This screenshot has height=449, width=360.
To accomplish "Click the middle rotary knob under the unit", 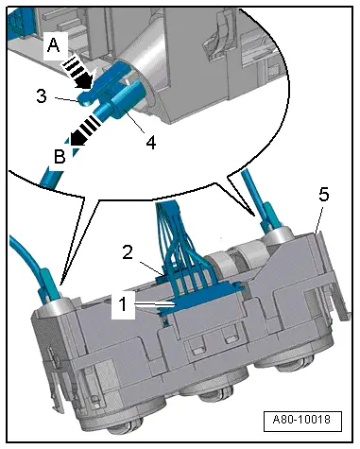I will [x=195, y=416].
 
